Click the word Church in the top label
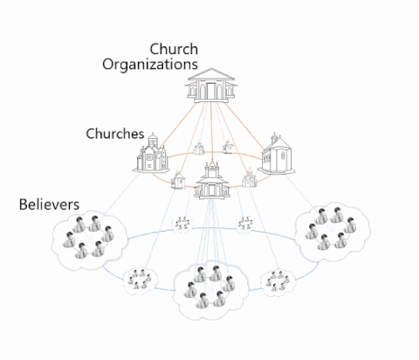click(174, 49)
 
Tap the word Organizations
click(150, 65)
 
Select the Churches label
click(115, 134)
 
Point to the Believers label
click(49, 204)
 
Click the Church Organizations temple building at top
click(211, 86)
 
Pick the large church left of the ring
click(151, 154)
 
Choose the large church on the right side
click(277, 155)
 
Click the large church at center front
click(212, 181)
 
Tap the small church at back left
click(199, 148)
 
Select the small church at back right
click(228, 147)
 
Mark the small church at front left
click(178, 180)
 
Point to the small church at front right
click(250, 178)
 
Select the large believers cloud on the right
click(332, 232)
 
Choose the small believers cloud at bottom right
click(278, 282)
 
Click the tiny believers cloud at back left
click(182, 224)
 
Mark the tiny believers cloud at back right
click(245, 224)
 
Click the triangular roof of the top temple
click(211, 74)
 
